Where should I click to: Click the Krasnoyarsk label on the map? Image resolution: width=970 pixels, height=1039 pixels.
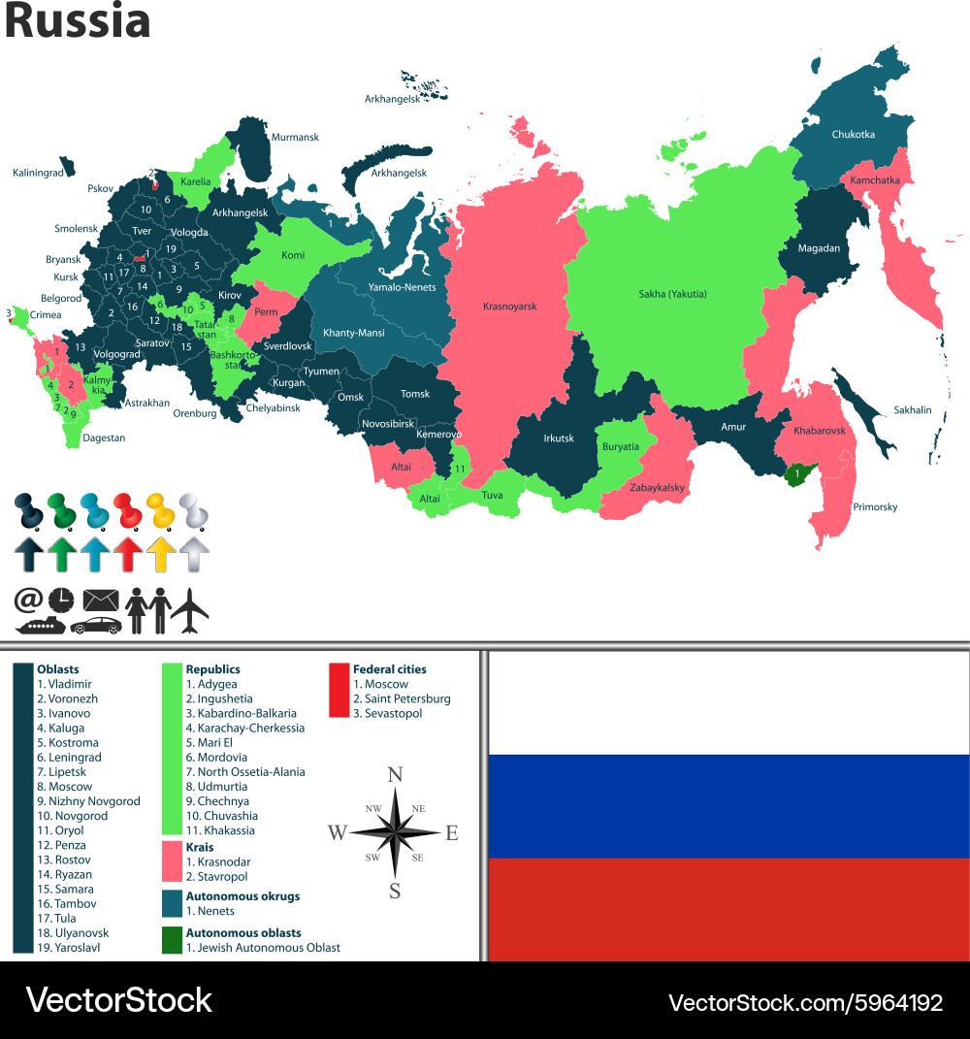click(509, 307)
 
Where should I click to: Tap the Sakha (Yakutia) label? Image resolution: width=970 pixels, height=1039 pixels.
click(672, 294)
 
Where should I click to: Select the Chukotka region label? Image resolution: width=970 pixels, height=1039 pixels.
click(853, 135)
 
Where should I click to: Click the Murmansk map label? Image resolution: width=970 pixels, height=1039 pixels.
click(295, 138)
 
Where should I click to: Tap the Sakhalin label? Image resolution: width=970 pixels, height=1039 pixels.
click(912, 410)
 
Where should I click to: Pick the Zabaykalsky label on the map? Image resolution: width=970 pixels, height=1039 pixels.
click(658, 487)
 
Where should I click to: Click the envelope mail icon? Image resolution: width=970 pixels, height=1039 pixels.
click(100, 601)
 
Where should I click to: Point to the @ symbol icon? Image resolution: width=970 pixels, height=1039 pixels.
click(27, 600)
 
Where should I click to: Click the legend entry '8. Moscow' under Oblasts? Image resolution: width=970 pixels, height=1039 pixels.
click(65, 787)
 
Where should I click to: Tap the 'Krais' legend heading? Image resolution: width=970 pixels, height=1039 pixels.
click(199, 847)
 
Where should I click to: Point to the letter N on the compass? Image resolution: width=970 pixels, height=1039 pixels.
click(395, 774)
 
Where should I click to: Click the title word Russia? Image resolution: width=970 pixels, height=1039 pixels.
click(78, 21)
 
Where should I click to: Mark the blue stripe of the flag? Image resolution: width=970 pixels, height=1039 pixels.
click(728, 806)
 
